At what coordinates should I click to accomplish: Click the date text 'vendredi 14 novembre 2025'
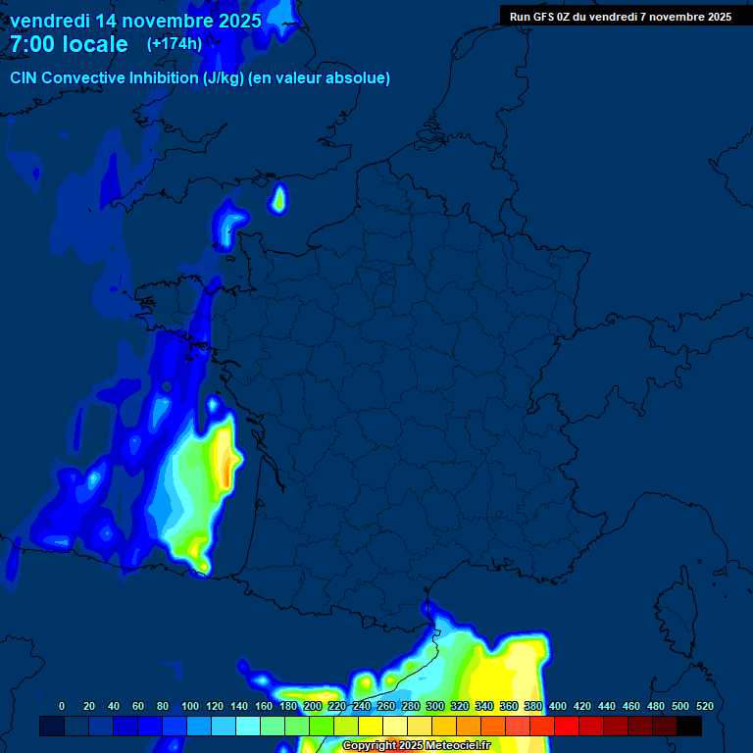pos(135,20)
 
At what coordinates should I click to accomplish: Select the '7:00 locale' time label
pos(69,44)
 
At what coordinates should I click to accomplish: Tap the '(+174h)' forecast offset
pos(175,44)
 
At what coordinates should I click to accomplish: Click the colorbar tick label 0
pos(62,706)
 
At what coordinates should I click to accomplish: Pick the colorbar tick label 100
pos(190,706)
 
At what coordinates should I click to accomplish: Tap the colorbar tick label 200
pos(313,706)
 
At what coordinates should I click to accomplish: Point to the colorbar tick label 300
pos(435,706)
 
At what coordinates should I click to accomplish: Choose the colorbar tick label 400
pos(558,706)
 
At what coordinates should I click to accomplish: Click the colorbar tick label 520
pos(704,706)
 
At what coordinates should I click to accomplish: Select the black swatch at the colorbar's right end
pos(689,727)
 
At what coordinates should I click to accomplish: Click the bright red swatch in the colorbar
pos(567,727)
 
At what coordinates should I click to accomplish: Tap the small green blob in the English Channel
pos(279,200)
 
